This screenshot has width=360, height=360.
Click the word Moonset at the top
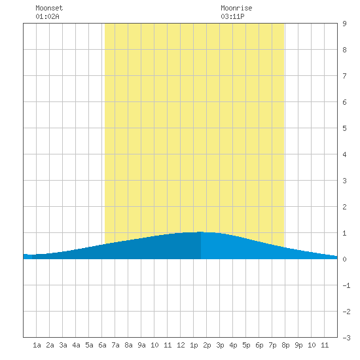click(x=49, y=8)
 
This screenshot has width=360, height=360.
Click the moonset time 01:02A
click(x=47, y=16)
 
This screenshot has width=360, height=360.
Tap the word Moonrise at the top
click(x=236, y=8)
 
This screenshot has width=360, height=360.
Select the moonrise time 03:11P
click(x=232, y=16)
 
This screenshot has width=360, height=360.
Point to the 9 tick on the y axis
click(x=344, y=24)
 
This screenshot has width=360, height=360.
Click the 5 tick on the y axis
click(x=344, y=128)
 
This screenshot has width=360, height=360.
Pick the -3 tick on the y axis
click(x=346, y=338)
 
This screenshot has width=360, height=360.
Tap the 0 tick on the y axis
click(x=344, y=259)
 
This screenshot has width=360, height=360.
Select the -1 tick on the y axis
click(x=346, y=285)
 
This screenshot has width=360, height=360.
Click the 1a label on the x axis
click(x=37, y=345)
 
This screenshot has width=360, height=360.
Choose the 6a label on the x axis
click(x=102, y=345)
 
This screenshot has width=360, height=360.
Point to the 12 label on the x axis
click(x=181, y=345)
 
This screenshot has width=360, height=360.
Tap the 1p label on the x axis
click(x=194, y=345)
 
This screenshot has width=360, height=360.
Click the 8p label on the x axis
click(x=285, y=345)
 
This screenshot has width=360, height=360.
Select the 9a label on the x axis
click(x=141, y=345)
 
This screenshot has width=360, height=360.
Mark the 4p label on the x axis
click(x=233, y=345)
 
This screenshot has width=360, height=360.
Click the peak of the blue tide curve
click(x=201, y=232)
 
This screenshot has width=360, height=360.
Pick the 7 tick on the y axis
click(x=344, y=76)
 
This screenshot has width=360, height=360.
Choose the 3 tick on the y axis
click(x=344, y=181)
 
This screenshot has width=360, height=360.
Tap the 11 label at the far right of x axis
click(x=325, y=345)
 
